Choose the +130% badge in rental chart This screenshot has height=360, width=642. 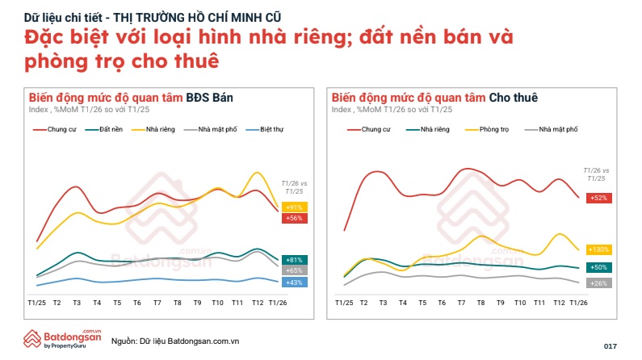(x=599, y=249)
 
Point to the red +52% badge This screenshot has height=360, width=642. (x=599, y=198)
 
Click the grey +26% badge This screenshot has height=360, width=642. (x=599, y=283)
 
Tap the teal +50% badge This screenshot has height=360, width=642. (x=599, y=267)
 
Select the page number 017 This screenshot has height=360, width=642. (x=610, y=345)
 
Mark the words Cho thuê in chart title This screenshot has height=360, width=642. (x=514, y=97)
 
